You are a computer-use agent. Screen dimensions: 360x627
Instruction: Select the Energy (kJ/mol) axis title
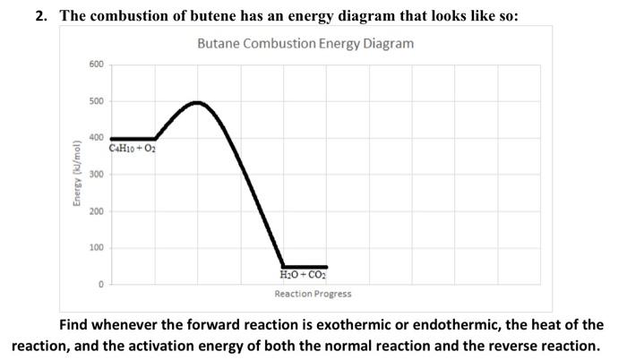(x=77, y=175)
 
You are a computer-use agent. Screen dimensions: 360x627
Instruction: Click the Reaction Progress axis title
(x=313, y=294)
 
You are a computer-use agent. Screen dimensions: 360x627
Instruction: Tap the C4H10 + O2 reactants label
(x=133, y=149)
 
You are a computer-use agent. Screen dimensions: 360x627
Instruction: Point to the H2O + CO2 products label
(x=304, y=277)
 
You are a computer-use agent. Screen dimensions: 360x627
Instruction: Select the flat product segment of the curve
(x=305, y=267)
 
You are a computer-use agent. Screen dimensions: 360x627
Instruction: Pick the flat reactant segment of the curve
(x=133, y=139)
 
